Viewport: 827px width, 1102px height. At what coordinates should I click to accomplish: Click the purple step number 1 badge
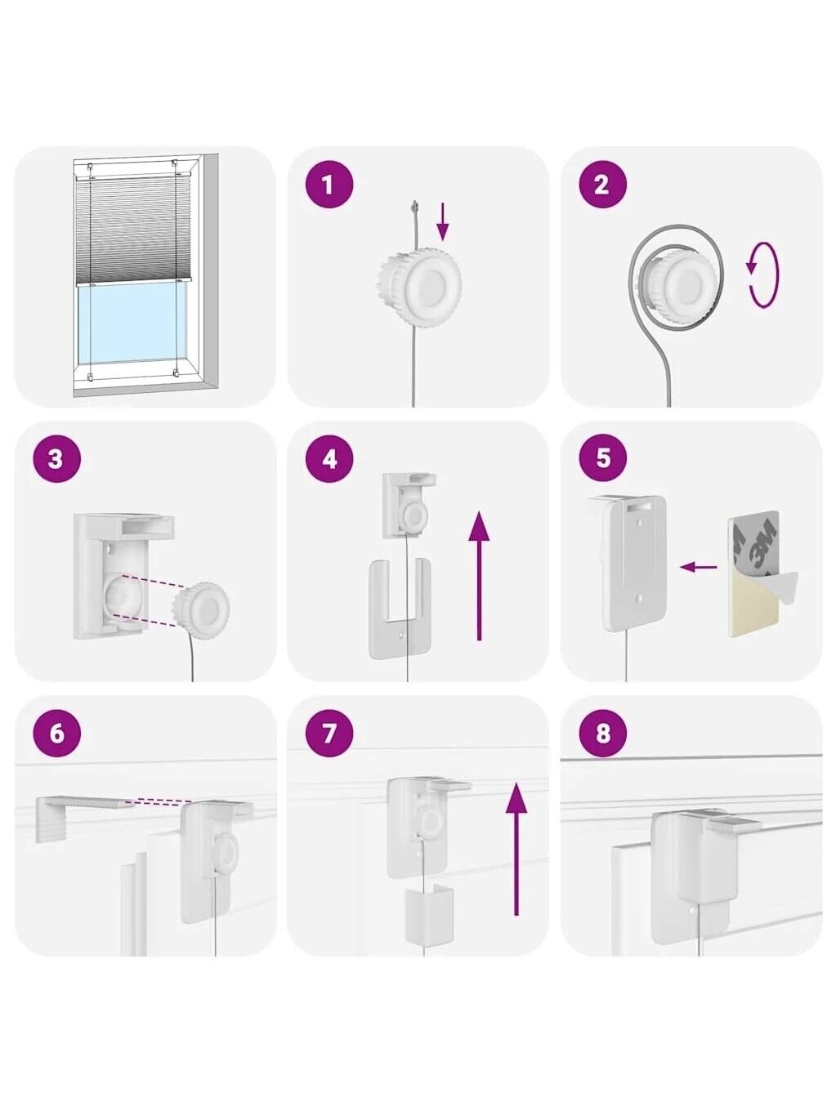coord(329,185)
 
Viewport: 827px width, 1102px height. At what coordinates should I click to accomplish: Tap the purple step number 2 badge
coord(602,185)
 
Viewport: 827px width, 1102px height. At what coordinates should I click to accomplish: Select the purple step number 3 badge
coord(56,459)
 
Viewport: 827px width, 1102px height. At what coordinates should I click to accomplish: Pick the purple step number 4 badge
coord(329,459)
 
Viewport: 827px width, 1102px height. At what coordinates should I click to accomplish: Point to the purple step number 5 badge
coord(602,459)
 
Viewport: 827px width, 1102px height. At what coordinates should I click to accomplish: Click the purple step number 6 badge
coord(56,734)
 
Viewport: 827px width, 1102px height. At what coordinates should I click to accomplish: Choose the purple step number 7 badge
coord(329,734)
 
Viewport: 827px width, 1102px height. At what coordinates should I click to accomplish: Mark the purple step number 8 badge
coord(602,734)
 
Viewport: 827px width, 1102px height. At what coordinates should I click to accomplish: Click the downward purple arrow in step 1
coord(442,221)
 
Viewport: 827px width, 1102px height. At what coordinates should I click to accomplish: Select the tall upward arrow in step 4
coord(479,576)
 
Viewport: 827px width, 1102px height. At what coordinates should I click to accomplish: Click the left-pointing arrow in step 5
coord(698,567)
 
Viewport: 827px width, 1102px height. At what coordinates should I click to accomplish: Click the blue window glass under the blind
coord(132,323)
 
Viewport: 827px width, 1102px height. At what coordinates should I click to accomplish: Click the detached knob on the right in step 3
coord(201,610)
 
